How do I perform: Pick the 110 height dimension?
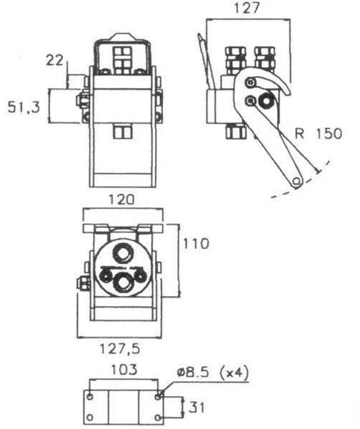click(195, 244)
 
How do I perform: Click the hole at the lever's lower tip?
click(295, 181)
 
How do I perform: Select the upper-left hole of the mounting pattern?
click(91, 394)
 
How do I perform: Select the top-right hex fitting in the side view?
click(265, 57)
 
